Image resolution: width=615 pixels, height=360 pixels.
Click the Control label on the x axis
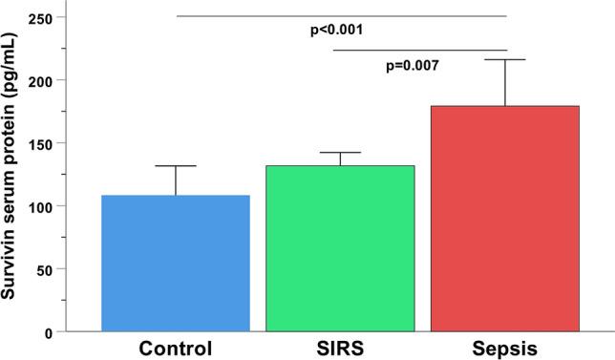tap(176, 348)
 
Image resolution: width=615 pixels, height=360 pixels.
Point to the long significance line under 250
tap(341, 16)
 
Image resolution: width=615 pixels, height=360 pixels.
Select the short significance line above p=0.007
tap(420, 50)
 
